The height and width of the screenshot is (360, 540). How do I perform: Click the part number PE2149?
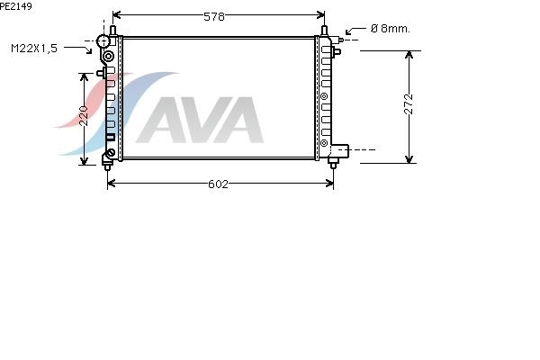point(16,6)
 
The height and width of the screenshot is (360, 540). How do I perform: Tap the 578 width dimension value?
point(214,16)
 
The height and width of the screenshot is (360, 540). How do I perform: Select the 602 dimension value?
point(218,184)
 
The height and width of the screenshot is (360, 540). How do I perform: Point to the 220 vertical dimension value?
point(84,116)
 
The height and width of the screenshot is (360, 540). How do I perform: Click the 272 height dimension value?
point(409,103)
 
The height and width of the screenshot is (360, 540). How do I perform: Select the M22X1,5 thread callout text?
point(34,49)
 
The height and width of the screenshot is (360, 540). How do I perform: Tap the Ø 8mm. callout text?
point(391,29)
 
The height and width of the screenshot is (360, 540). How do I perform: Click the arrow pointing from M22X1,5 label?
point(78,49)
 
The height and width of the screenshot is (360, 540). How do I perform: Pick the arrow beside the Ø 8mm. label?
point(355,31)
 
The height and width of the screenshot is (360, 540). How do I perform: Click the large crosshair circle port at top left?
point(103,41)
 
